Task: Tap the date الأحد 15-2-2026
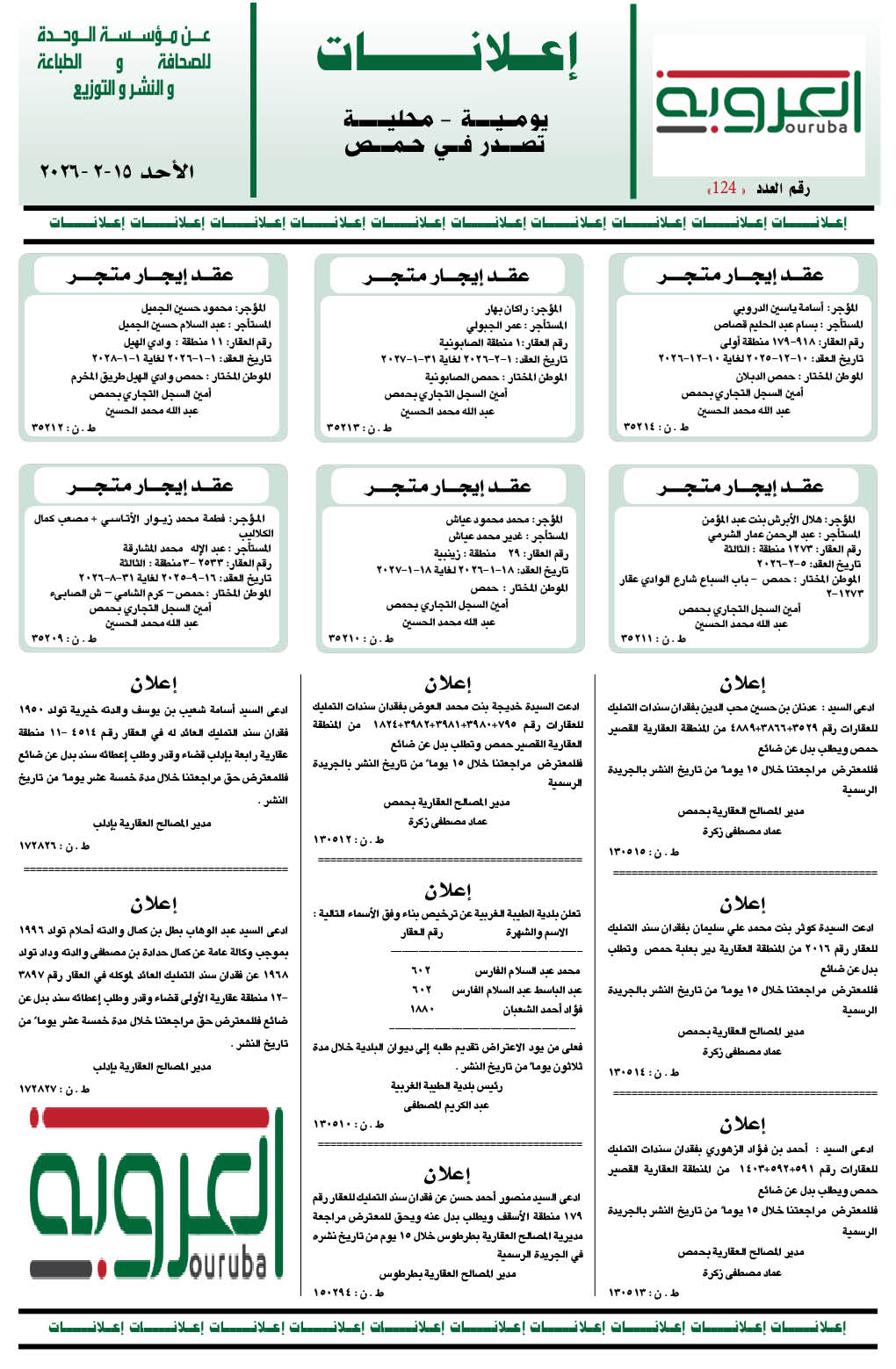click(x=117, y=171)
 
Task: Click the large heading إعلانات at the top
click(x=447, y=54)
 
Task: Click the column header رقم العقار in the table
click(x=423, y=933)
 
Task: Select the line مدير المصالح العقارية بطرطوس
click(x=447, y=1272)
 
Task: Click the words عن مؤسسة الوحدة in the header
click(x=124, y=37)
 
